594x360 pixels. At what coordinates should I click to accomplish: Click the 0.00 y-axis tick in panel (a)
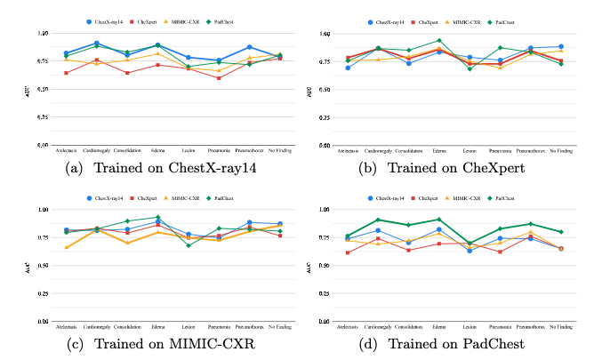click(44, 145)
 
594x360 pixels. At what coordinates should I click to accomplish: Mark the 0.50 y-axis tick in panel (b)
click(323, 89)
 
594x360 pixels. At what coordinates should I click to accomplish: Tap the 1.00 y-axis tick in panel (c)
click(44, 210)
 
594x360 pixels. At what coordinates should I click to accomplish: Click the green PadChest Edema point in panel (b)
click(438, 40)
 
